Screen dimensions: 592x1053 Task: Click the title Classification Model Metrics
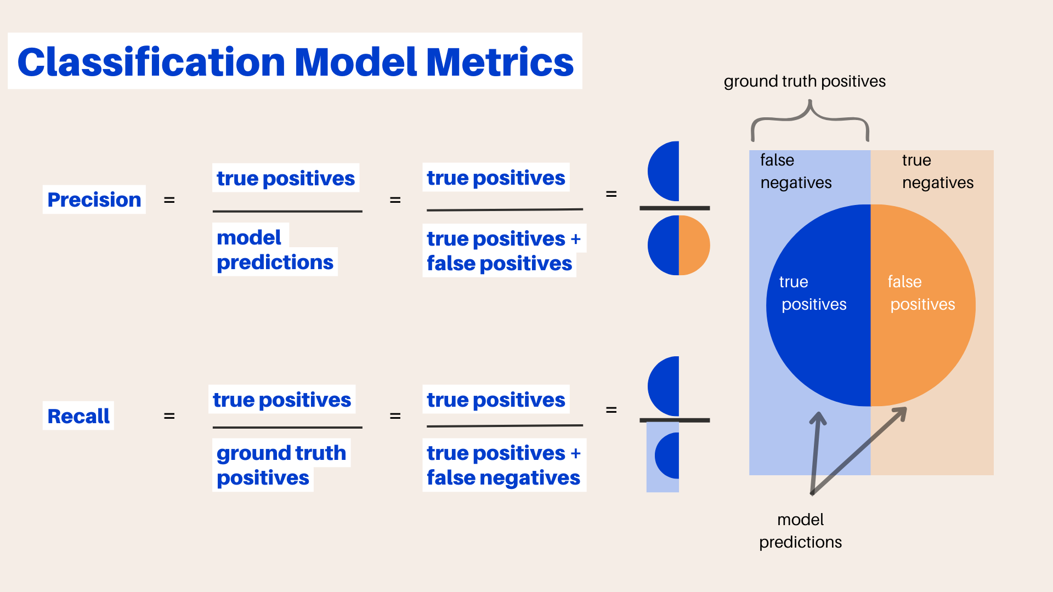(295, 61)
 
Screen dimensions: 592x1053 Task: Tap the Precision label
(94, 200)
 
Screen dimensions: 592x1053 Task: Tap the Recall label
(78, 416)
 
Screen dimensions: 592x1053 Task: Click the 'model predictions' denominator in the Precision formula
(274, 250)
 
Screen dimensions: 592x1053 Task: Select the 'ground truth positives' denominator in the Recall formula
(281, 465)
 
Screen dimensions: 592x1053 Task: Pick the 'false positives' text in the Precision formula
(499, 264)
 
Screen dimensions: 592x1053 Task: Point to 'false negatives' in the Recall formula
(503, 478)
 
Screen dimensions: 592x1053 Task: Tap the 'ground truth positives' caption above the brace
(805, 81)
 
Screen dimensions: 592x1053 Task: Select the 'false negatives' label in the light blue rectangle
(796, 171)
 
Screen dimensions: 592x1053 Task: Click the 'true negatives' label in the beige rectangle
(937, 171)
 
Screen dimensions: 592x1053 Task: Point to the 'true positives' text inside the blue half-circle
(813, 293)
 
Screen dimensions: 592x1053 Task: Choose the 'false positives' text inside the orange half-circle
(921, 293)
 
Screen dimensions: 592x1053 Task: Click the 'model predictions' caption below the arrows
(800, 531)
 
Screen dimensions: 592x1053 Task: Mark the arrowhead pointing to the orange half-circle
(901, 413)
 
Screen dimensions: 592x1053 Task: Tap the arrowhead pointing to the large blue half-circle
(818, 418)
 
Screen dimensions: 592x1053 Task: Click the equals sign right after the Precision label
(169, 200)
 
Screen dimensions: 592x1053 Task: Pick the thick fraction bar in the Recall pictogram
(675, 420)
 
